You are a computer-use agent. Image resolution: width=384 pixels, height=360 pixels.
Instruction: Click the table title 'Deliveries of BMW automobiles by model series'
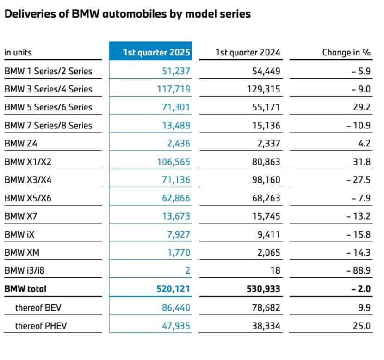(x=127, y=14)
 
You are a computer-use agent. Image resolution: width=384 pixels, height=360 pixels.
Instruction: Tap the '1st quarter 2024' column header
(x=248, y=52)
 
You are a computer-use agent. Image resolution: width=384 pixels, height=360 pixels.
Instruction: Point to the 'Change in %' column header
(x=346, y=52)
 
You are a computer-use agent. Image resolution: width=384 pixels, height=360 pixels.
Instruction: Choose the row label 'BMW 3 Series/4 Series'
(x=48, y=89)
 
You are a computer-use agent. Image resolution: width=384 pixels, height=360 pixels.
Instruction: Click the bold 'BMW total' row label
(x=25, y=288)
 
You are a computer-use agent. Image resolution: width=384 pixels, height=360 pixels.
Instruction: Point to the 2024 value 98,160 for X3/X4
(x=264, y=180)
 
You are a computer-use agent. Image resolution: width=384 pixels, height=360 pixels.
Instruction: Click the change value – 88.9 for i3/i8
(x=359, y=270)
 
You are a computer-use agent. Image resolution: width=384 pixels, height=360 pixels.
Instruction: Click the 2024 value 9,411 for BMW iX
(x=268, y=234)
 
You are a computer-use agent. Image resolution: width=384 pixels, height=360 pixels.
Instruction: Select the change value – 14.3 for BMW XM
(x=359, y=252)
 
